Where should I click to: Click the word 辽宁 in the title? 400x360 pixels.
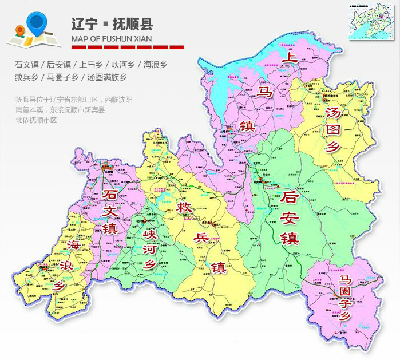pyautogui.click(x=82, y=24)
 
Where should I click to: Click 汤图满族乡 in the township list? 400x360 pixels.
pyautogui.click(x=105, y=77)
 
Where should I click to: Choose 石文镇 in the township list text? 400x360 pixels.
pyautogui.click(x=27, y=64)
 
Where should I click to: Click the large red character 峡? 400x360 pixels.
pyautogui.click(x=151, y=235)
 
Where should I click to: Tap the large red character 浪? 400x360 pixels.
pyautogui.click(x=63, y=266)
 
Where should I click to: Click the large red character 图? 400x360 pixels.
pyautogui.click(x=332, y=129)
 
